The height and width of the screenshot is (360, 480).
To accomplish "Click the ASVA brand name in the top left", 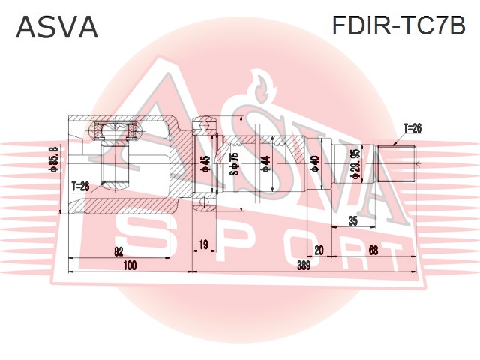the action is click(x=57, y=27).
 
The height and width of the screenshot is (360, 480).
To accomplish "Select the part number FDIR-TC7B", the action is click(x=398, y=25).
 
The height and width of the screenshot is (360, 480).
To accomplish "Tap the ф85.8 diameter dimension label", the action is click(x=54, y=159).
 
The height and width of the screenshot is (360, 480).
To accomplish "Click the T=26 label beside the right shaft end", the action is click(x=412, y=128).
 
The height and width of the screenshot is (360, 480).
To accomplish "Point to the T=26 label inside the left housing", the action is click(x=80, y=186).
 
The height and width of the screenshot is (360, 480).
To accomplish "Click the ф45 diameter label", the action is click(x=205, y=163).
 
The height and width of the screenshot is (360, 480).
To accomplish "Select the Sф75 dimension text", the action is click(x=235, y=163).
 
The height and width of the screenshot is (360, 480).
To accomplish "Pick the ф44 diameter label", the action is click(x=265, y=163).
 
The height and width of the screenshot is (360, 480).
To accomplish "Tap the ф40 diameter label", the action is click(x=315, y=163).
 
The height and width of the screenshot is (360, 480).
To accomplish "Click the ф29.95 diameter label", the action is click(x=357, y=163).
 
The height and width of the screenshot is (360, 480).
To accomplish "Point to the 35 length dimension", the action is click(x=353, y=220).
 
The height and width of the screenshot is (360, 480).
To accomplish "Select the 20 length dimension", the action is click(x=319, y=250).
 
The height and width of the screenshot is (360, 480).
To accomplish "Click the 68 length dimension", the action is click(x=373, y=250).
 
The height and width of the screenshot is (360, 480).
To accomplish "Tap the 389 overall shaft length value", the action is click(x=303, y=265).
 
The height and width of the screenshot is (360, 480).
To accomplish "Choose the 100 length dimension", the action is click(x=130, y=265).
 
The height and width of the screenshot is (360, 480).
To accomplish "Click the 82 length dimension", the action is click(x=118, y=252).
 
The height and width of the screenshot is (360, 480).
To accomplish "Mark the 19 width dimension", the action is click(x=203, y=244).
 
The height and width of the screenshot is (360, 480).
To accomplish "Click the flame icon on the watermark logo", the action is click(x=261, y=86).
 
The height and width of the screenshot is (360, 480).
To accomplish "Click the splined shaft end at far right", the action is click(x=397, y=164).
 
